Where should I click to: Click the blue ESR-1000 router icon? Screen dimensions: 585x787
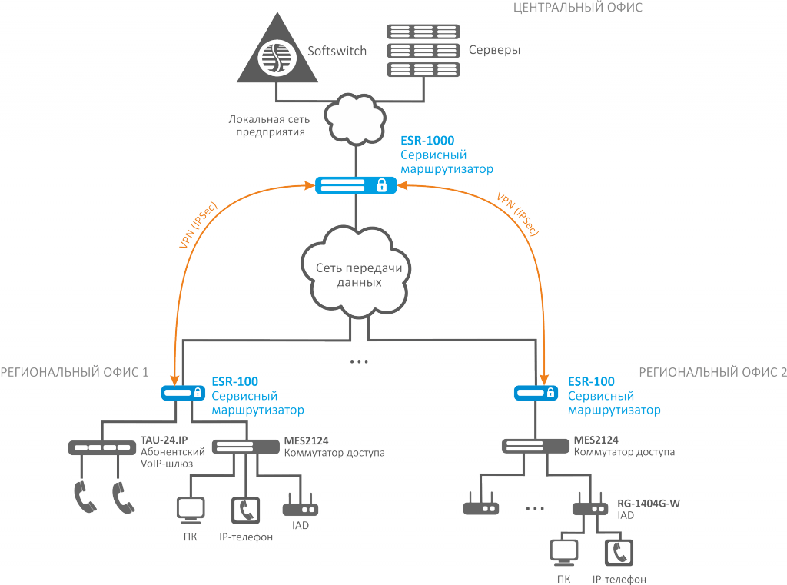[355, 184]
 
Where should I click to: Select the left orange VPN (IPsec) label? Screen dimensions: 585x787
[198, 224]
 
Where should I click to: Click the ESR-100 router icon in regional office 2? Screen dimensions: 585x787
[535, 393]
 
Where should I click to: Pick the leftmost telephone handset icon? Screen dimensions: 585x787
[85, 497]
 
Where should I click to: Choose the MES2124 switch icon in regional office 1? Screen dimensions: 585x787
[245, 446]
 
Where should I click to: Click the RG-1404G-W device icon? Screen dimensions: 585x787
[590, 508]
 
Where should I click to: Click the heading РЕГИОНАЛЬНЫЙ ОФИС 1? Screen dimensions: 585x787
[75, 372]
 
